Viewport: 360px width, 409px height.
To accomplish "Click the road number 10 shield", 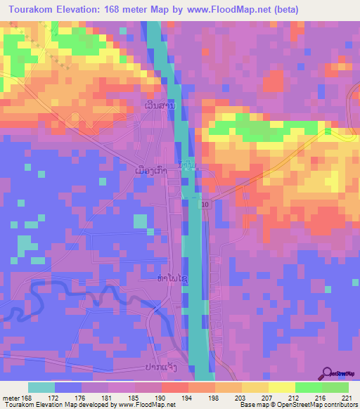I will click(205, 204).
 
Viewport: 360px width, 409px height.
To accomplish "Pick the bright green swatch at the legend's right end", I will click(335, 387).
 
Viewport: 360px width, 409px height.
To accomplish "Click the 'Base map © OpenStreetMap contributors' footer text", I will click(297, 405).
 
